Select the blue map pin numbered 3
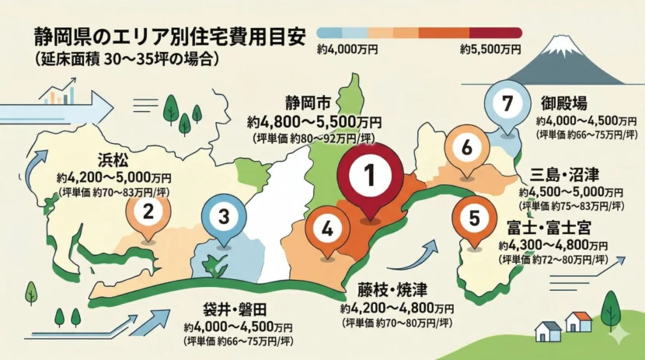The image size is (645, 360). click(223, 217)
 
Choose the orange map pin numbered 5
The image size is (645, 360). click(474, 218)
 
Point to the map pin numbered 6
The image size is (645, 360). click(466, 146)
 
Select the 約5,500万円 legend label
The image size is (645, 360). click(490, 50)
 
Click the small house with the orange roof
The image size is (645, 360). click(578, 322)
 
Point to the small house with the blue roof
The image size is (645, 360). click(549, 330)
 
